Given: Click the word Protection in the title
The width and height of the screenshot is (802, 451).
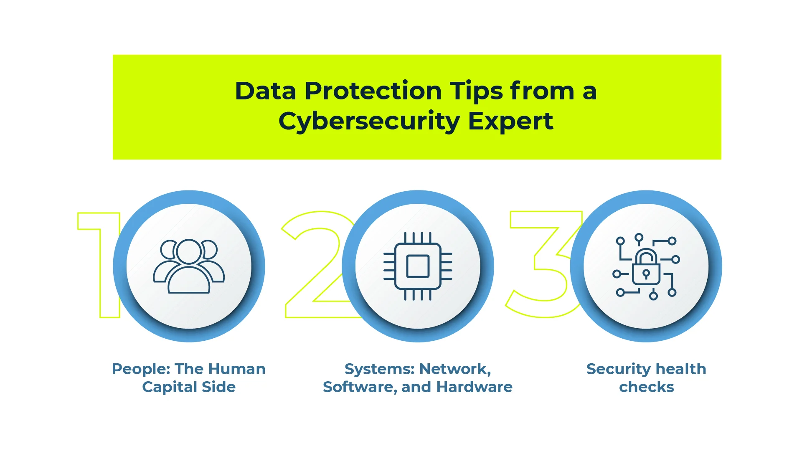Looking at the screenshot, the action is click(373, 91).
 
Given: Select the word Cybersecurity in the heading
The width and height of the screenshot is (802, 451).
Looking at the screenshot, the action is click(369, 122).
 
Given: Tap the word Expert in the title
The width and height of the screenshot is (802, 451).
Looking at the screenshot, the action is click(510, 122).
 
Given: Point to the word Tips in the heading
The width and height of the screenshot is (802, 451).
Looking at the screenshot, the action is click(476, 91).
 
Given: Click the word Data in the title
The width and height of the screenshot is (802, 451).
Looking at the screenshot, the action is click(266, 91).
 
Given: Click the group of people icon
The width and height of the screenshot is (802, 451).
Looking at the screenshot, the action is click(189, 266).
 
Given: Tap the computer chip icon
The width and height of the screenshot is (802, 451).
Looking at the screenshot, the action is click(418, 266).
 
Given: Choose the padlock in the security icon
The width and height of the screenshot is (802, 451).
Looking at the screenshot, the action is click(646, 267).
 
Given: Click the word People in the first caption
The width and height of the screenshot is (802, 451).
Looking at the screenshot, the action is click(141, 370).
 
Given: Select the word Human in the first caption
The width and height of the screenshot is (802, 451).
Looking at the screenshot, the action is click(237, 369).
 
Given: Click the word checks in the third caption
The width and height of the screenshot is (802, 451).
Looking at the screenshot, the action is click(647, 387).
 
